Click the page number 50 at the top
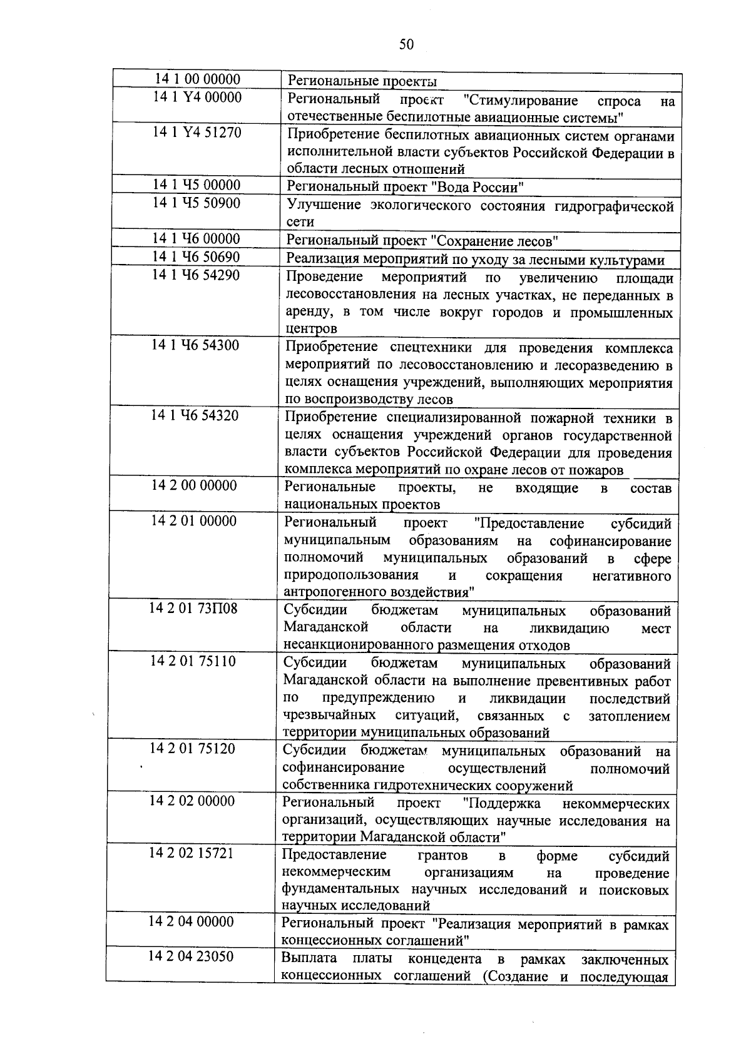click(406, 44)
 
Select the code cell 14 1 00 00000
click(197, 79)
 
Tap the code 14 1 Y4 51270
click(197, 133)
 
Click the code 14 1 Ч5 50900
click(197, 203)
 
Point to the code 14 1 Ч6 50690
click(196, 256)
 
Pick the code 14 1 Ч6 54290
click(196, 275)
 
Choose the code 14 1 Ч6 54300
click(195, 345)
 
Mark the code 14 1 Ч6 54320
click(195, 415)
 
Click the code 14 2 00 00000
click(194, 485)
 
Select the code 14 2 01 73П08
click(193, 608)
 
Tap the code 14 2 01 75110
click(193, 661)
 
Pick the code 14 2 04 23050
click(191, 956)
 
